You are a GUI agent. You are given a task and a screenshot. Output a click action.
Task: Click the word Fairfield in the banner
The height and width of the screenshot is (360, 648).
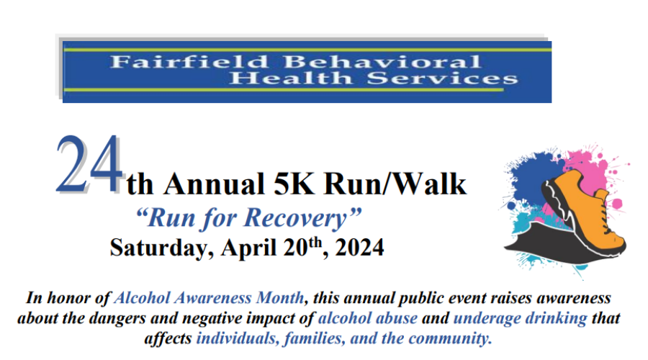189,62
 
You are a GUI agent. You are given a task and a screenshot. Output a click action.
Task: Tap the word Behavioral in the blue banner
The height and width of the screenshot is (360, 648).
382,62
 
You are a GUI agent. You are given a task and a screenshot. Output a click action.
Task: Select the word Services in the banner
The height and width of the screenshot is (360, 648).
442,78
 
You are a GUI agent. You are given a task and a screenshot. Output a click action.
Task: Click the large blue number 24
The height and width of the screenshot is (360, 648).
90,164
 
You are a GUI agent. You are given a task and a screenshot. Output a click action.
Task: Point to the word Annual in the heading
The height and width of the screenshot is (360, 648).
214,184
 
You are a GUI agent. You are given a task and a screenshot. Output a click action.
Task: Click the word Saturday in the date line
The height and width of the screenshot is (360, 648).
161,248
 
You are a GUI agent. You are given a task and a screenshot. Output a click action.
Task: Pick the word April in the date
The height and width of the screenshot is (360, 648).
248,248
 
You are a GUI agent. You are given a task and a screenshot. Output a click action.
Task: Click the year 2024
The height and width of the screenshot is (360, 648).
359,248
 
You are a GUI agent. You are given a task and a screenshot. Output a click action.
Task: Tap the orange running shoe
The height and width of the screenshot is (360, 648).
583,211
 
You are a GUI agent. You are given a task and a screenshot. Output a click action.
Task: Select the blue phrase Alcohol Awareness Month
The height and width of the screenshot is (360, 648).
209,298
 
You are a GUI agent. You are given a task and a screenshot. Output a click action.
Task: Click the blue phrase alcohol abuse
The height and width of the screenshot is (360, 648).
368,318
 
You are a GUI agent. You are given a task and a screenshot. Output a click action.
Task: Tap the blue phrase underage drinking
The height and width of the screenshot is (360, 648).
521,318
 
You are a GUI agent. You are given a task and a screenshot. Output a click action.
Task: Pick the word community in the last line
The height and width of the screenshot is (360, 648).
449,338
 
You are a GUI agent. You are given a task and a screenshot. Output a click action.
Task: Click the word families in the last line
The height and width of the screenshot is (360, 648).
315,338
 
